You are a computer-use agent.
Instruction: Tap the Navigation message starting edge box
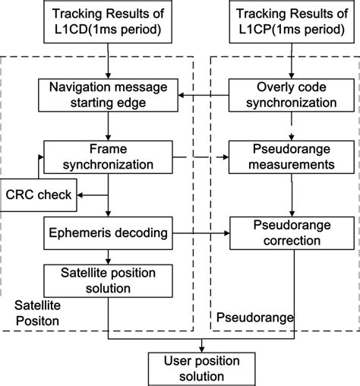tap(111, 95)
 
